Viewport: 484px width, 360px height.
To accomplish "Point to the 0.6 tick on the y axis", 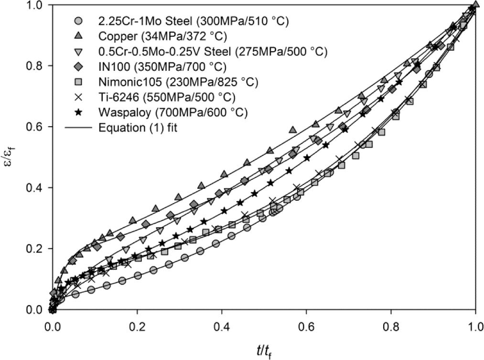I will (x=51, y=127).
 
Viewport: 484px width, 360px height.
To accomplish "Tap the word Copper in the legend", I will (x=115, y=36).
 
